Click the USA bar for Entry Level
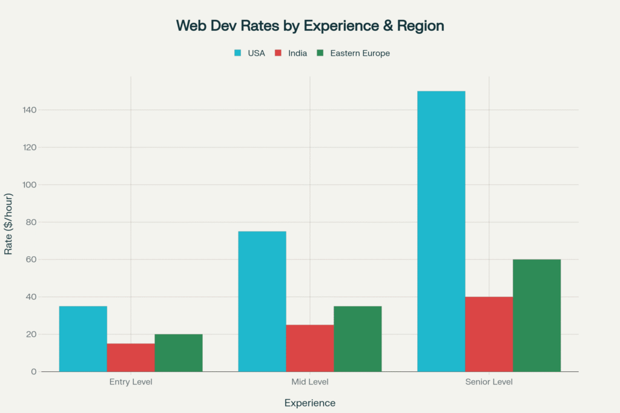(83, 339)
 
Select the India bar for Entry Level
(131, 357)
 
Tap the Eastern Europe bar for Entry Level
(179, 353)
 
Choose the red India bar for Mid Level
(310, 348)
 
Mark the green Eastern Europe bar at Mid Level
(358, 339)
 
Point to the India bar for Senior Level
(489, 334)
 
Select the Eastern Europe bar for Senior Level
(537, 315)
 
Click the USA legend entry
(249, 53)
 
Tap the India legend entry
(291, 53)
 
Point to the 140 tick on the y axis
(30, 110)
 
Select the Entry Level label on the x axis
(131, 382)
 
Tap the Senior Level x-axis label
(489, 382)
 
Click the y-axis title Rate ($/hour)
(8, 224)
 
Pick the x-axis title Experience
(310, 403)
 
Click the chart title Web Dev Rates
(310, 25)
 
